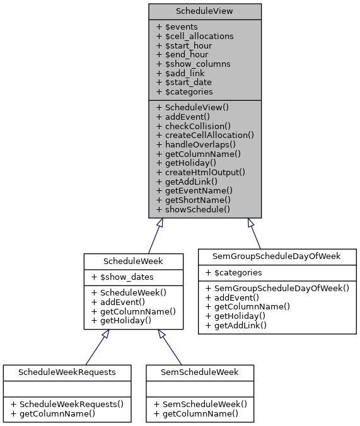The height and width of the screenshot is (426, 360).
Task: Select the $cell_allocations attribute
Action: tap(195, 36)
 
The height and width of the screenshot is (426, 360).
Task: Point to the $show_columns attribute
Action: tap(193, 64)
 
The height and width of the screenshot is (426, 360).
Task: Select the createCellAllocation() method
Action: tap(205, 135)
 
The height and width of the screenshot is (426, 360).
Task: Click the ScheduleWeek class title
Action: tap(134, 260)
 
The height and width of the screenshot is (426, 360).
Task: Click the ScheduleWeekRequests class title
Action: tap(67, 372)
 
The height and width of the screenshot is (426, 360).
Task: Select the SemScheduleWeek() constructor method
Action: tap(200, 404)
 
